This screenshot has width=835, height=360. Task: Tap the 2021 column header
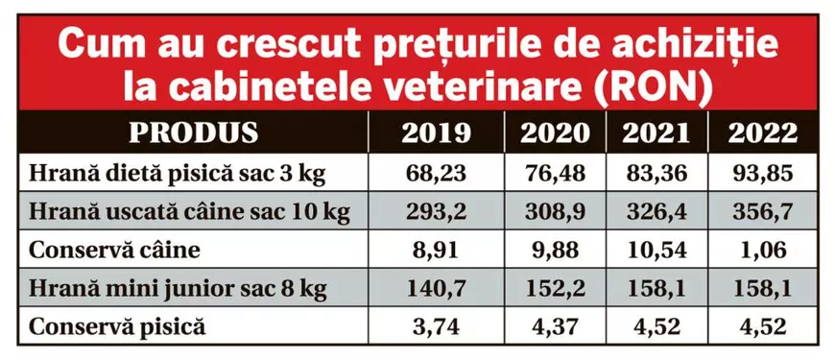tap(656, 132)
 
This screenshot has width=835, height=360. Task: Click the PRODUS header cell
tap(193, 132)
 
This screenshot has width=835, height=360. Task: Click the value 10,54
tap(656, 250)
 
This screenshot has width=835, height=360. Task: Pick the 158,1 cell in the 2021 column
tap(656, 287)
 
